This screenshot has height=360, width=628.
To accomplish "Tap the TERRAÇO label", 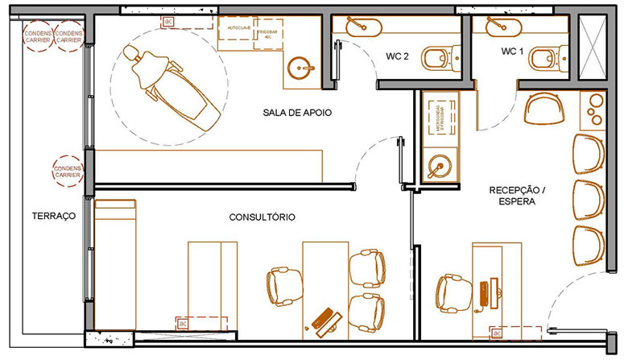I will pyautogui.click(x=53, y=216).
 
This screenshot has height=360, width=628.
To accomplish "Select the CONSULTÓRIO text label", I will pyautogui.click(x=262, y=217).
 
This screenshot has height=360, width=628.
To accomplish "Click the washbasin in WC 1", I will pyautogui.click(x=496, y=28).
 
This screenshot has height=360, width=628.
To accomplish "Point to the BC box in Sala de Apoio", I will pyautogui.click(x=168, y=22).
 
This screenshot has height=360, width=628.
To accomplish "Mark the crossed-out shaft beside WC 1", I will pyautogui.click(x=595, y=49).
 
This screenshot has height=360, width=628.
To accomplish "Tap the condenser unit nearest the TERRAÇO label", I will pyautogui.click(x=67, y=171).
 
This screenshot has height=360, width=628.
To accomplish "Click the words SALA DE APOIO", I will pyautogui.click(x=297, y=112).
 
